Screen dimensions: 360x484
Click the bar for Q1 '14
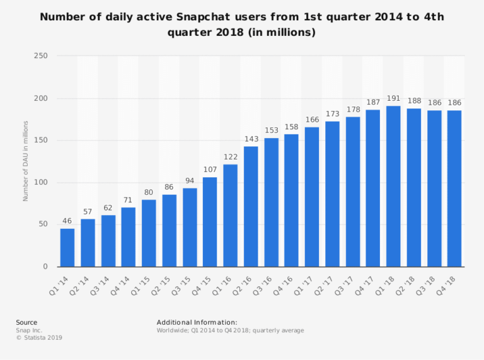[67, 247]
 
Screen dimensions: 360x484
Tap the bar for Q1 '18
[393, 186]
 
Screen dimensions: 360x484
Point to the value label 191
[393, 100]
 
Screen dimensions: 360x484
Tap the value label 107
[210, 170]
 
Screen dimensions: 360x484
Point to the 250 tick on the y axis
[42, 56]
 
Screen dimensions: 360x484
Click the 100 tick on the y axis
[42, 183]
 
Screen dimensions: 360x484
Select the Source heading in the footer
[26, 322]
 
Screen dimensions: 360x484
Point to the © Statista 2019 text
[39, 337]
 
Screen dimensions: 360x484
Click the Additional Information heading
[197, 322]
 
